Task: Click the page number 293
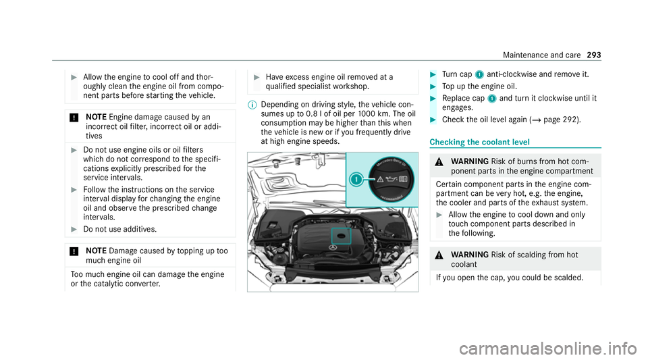594,55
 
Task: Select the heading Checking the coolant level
479,143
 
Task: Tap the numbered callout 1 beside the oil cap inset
356,180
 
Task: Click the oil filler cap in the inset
391,180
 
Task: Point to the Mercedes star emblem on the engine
333,248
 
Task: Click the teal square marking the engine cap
341,236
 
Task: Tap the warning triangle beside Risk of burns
439,162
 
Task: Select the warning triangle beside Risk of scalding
439,255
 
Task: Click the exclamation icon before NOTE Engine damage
74,118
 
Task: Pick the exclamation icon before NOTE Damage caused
74,251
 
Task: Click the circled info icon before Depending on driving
252,105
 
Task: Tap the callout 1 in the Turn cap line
479,75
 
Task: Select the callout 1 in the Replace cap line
492,99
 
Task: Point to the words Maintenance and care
542,55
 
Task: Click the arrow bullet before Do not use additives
74,230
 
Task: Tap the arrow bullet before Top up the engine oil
433,86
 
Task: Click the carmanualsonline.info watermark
548,349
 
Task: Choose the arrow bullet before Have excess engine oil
256,77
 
